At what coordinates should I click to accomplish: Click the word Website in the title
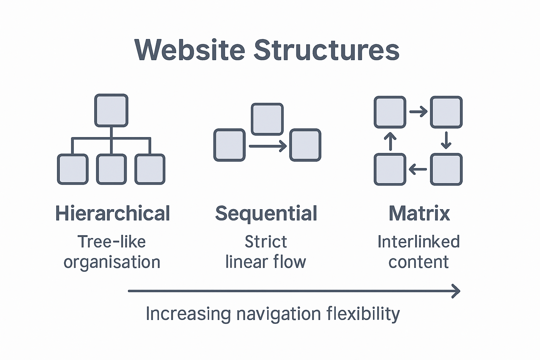(x=189, y=50)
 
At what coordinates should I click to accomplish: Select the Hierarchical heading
(x=112, y=213)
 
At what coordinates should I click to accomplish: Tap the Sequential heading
(x=266, y=213)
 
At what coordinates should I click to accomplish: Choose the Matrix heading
(x=419, y=213)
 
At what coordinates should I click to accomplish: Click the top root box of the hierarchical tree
(x=111, y=110)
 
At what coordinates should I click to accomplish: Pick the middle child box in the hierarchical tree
(x=111, y=169)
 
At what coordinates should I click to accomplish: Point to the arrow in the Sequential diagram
(x=268, y=146)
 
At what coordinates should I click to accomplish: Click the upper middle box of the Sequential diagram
(x=267, y=119)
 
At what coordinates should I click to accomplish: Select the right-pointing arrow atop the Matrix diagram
(x=418, y=112)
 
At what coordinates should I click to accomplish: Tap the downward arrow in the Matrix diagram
(x=446, y=140)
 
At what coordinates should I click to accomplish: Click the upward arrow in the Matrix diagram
(x=390, y=141)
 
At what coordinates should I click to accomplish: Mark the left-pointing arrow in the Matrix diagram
(x=418, y=169)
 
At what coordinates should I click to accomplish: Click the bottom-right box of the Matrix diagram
(x=446, y=169)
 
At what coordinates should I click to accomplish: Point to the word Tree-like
(x=111, y=242)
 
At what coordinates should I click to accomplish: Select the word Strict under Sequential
(x=266, y=242)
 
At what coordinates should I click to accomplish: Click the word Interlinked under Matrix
(x=418, y=242)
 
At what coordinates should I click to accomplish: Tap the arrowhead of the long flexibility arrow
(x=456, y=291)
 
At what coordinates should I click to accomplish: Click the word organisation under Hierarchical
(x=112, y=262)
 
